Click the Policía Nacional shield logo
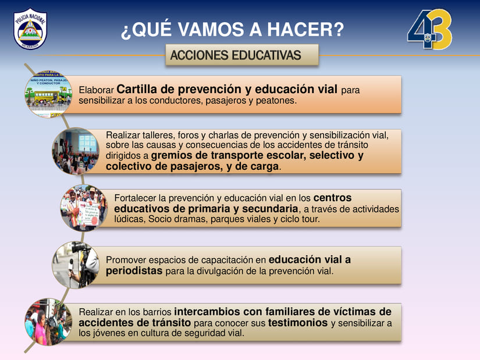pyautogui.click(x=30, y=28)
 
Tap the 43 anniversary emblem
pyautogui.click(x=429, y=29)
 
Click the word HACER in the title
pyautogui.click(x=305, y=30)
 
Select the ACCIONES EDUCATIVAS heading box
pyautogui.click(x=242, y=55)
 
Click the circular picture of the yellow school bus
pyautogui.click(x=48, y=94)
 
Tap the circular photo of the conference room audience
pyautogui.click(x=76, y=151)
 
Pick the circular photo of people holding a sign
pyautogui.click(x=84, y=208)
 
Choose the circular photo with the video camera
pyautogui.click(x=76, y=265)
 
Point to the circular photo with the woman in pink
pyautogui.click(x=48, y=322)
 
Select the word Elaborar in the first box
pyautogui.click(x=96, y=90)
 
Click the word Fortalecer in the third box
pyautogui.click(x=135, y=198)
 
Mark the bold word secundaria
pyautogui.click(x=270, y=209)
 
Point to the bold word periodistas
pyautogui.click(x=134, y=271)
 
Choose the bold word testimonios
pyautogui.click(x=298, y=323)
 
